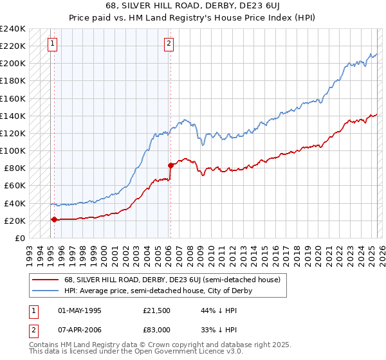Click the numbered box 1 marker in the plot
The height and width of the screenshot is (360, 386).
coord(52,44)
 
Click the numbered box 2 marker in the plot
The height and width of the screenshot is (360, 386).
coord(169,44)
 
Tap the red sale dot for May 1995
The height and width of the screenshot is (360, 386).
coord(54,219)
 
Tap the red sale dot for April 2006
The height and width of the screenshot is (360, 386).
coord(170,165)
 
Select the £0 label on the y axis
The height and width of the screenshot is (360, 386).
coord(19,238)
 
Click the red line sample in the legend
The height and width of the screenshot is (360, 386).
coord(45,280)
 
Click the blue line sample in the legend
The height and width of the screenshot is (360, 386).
coord(45,291)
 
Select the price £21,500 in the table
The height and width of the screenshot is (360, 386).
coord(156,310)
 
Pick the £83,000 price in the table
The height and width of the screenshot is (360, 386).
coord(156,330)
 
